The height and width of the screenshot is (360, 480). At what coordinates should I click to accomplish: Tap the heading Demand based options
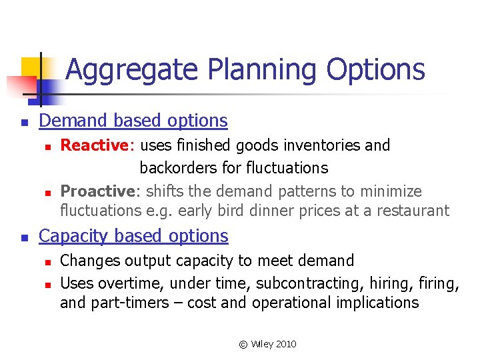133,121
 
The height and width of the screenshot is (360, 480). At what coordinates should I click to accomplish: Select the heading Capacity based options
133,236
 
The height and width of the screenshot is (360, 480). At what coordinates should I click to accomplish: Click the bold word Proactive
98,191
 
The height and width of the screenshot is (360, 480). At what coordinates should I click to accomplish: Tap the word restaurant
413,211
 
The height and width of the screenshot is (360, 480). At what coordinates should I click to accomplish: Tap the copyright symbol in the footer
243,344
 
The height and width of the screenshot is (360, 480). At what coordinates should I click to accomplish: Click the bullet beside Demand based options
23,123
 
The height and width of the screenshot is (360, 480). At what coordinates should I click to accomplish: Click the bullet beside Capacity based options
23,238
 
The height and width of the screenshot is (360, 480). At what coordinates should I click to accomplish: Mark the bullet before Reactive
45,147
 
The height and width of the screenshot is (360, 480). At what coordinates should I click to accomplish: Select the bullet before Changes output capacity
45,262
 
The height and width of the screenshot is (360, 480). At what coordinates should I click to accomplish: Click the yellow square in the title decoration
31,67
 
